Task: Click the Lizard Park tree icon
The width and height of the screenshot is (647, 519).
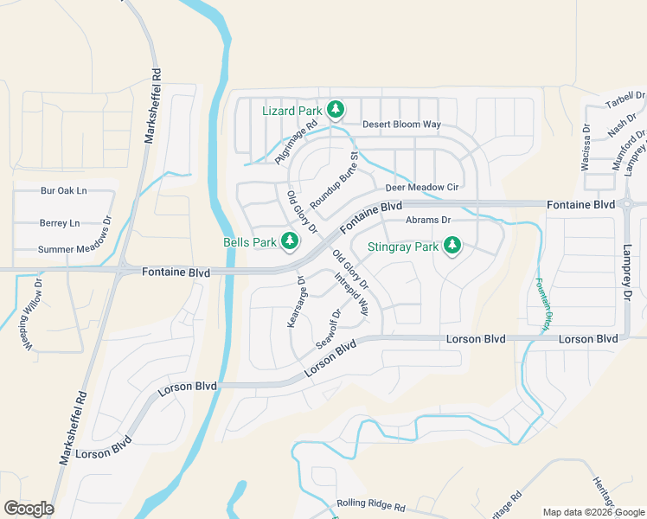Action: [336, 110]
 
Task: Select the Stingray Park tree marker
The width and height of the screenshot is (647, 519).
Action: [451, 247]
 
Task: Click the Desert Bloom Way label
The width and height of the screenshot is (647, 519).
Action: [401, 125]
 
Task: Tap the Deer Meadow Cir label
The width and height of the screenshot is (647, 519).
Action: [421, 187]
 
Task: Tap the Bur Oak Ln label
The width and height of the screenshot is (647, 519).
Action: [64, 190]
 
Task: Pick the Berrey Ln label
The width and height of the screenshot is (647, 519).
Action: [60, 223]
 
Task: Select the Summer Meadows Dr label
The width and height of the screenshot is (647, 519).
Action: [75, 250]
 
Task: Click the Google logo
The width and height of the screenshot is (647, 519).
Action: [29, 509]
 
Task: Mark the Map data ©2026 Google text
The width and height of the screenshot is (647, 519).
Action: [593, 512]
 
